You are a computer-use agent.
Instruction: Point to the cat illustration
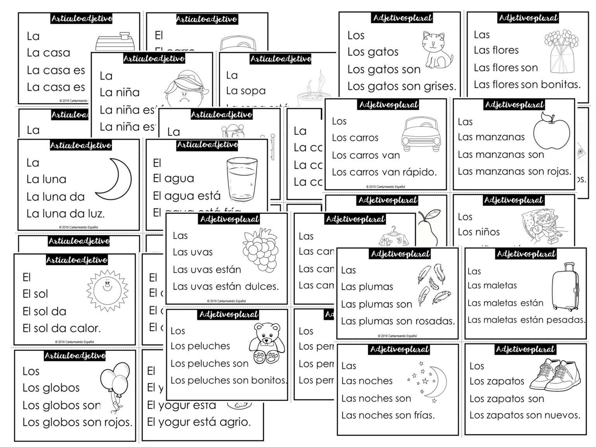437,50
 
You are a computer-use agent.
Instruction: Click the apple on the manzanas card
551,132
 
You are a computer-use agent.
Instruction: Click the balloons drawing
114,384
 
